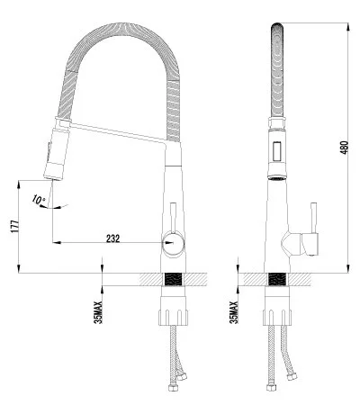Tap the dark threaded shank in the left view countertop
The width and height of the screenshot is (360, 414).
[x=175, y=280]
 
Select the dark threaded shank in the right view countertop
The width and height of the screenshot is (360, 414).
[x=277, y=280]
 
